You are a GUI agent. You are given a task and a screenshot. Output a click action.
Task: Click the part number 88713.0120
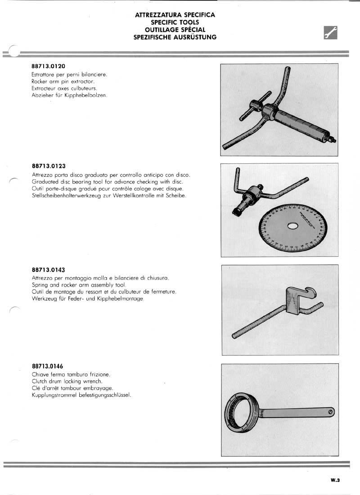[x=49, y=66]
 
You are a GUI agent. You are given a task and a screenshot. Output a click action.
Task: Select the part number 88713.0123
[x=49, y=166]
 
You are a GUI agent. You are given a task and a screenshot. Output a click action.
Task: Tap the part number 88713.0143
[x=49, y=270]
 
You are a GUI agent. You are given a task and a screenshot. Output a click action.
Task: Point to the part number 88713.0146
[x=49, y=366]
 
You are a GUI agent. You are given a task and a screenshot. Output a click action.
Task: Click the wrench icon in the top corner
[x=331, y=33]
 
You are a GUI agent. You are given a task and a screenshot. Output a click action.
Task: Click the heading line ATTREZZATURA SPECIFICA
[x=175, y=15]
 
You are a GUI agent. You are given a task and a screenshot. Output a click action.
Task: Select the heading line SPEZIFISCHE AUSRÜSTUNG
[x=175, y=37]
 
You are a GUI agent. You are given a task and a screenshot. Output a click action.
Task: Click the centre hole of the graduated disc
[x=293, y=225]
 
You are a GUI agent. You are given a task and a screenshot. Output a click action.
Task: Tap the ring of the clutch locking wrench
[x=243, y=411]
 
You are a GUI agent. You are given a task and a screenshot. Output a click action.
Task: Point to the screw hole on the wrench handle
[x=331, y=411]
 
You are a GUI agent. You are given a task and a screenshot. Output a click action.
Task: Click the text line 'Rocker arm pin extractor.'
[x=63, y=81]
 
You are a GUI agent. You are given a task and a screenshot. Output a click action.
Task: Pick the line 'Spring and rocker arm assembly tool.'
[x=79, y=285]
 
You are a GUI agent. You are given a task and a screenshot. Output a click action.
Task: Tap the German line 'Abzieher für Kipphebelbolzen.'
[x=70, y=96]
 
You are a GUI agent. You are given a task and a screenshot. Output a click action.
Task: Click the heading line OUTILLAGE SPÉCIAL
[x=175, y=30]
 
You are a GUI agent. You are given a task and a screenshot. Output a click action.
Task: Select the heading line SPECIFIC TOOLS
[x=175, y=22]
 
